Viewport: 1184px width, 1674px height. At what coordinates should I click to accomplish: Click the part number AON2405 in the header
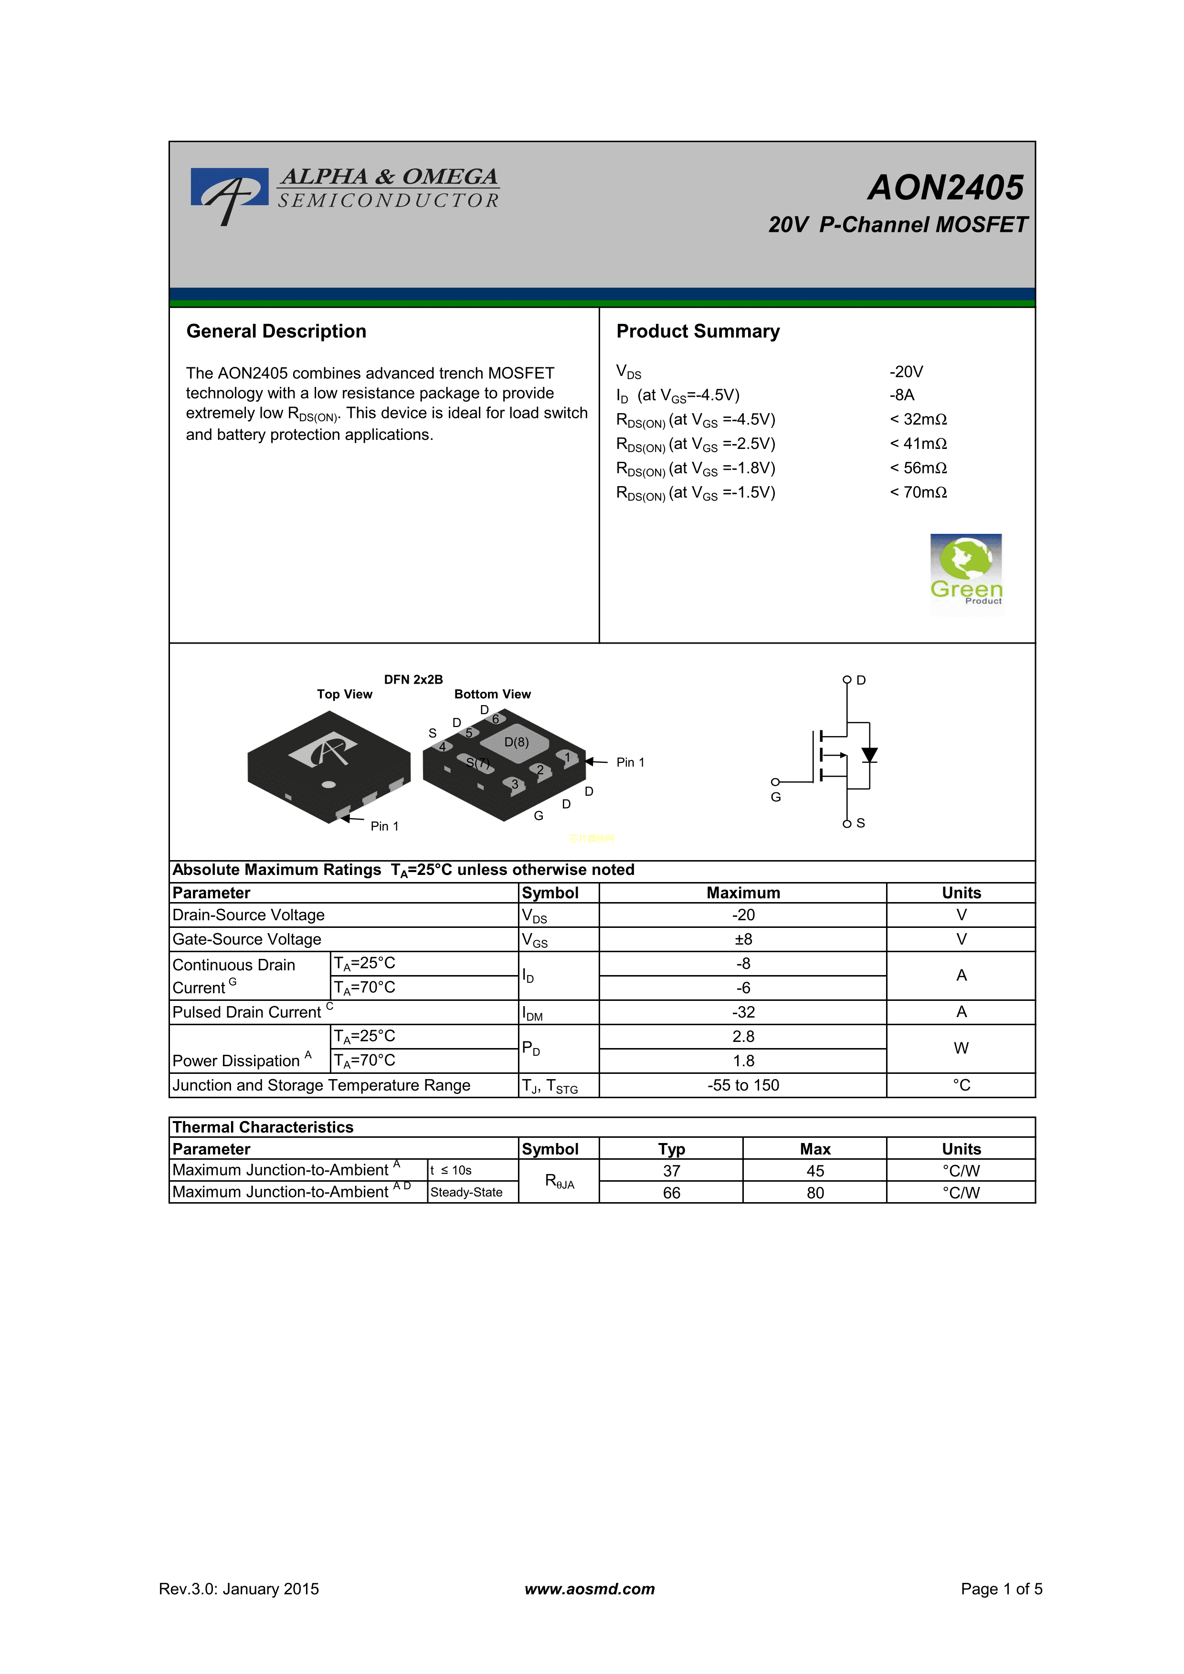(x=945, y=187)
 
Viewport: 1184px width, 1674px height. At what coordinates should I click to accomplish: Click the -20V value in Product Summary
(x=906, y=372)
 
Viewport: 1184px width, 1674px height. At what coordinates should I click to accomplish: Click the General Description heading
(x=276, y=331)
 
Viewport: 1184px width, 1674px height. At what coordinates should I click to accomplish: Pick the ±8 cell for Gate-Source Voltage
(x=743, y=939)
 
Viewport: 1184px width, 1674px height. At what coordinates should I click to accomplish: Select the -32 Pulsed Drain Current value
(x=743, y=1012)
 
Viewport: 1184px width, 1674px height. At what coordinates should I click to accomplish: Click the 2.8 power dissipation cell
(x=743, y=1036)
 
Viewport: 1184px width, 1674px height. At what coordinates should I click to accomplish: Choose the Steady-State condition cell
(x=466, y=1192)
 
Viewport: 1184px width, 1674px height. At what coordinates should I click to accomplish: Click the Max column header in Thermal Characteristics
(x=815, y=1149)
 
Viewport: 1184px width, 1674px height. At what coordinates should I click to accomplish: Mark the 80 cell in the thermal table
(x=815, y=1193)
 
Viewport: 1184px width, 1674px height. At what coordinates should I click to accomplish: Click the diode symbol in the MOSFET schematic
(x=869, y=755)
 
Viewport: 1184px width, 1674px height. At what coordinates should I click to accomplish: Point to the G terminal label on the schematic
(x=775, y=797)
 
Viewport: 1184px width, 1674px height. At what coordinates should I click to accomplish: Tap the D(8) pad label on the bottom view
(x=517, y=742)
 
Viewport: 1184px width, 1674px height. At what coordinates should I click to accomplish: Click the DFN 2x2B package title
(x=413, y=679)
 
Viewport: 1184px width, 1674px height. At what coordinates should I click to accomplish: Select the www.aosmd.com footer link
(x=590, y=1589)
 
